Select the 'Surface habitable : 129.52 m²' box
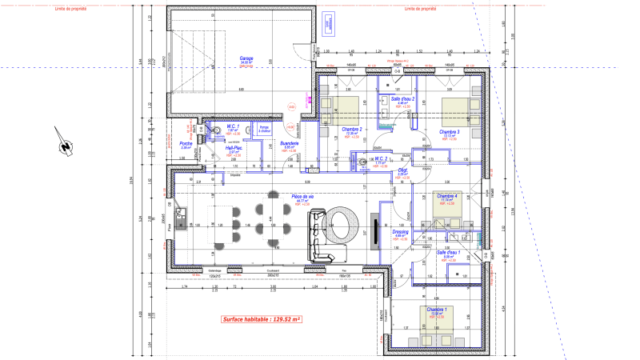(261, 319)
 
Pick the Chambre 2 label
(352, 130)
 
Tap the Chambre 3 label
(449, 131)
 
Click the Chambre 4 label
(446, 196)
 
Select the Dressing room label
(401, 232)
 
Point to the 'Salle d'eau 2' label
(402, 99)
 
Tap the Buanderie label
(289, 142)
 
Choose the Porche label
(185, 144)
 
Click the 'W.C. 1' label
(233, 126)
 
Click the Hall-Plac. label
(234, 147)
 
